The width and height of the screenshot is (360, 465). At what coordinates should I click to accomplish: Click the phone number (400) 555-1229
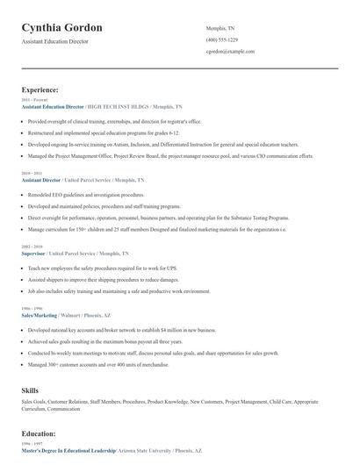(221, 39)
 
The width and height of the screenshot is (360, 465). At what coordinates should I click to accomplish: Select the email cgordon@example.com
(230, 52)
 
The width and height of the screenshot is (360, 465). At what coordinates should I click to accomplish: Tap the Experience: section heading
(40, 89)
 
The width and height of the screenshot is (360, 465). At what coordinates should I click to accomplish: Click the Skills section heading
(31, 389)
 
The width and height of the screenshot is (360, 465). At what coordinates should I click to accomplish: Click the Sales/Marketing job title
(40, 314)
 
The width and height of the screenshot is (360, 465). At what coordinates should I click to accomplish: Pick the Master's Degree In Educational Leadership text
(68, 450)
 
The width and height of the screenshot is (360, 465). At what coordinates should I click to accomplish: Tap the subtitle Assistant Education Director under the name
(55, 41)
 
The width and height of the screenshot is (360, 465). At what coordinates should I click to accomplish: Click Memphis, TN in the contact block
(220, 28)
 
